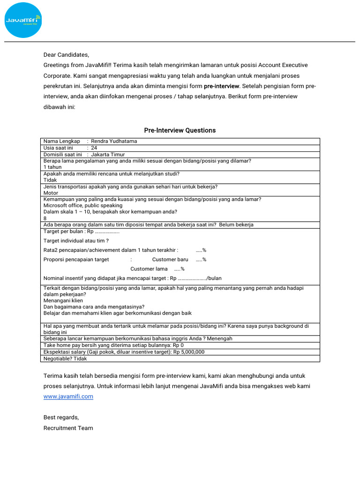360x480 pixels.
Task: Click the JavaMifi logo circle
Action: point(23,20)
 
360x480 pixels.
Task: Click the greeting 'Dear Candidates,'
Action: point(66,54)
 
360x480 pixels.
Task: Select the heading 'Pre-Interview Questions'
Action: point(180,130)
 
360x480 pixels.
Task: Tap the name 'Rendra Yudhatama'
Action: point(114,141)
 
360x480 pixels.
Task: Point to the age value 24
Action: point(94,148)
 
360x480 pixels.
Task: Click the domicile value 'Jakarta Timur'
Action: point(108,154)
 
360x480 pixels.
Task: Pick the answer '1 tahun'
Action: point(52,167)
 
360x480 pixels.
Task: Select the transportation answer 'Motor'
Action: point(51,193)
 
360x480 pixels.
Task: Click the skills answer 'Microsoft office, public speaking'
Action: point(83,205)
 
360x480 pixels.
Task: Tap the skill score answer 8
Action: point(45,218)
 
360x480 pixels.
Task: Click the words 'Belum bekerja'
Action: point(236,225)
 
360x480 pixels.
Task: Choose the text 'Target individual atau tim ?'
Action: point(76,240)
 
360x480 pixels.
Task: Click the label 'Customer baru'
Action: point(170,259)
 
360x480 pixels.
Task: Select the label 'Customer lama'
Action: point(149,269)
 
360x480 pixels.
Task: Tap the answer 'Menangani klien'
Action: point(63,301)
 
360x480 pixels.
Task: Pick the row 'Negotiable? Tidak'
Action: point(65,359)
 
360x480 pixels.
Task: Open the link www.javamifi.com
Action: point(68,397)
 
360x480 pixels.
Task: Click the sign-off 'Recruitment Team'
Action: point(68,428)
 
